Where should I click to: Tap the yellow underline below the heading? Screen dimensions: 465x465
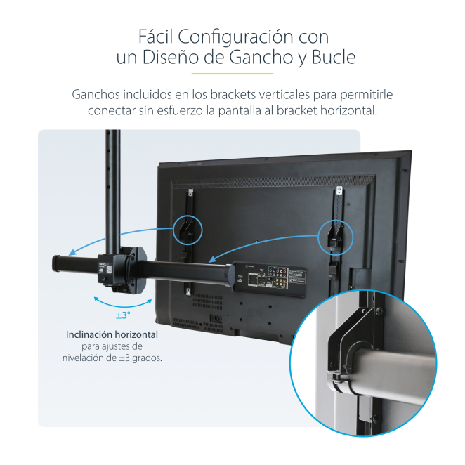pyautogui.click(x=232, y=74)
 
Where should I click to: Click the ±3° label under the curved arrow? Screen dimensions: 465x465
pyautogui.click(x=123, y=315)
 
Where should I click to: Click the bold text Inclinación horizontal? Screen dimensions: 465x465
pyautogui.click(x=112, y=334)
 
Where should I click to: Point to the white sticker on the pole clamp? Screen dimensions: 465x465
pyautogui.click(x=109, y=269)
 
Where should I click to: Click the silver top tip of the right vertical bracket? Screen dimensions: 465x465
pyautogui.click(x=339, y=189)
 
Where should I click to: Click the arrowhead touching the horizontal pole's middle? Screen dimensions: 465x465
pyautogui.click(x=212, y=259)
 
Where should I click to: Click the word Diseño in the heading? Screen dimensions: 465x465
pyautogui.click(x=171, y=57)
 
